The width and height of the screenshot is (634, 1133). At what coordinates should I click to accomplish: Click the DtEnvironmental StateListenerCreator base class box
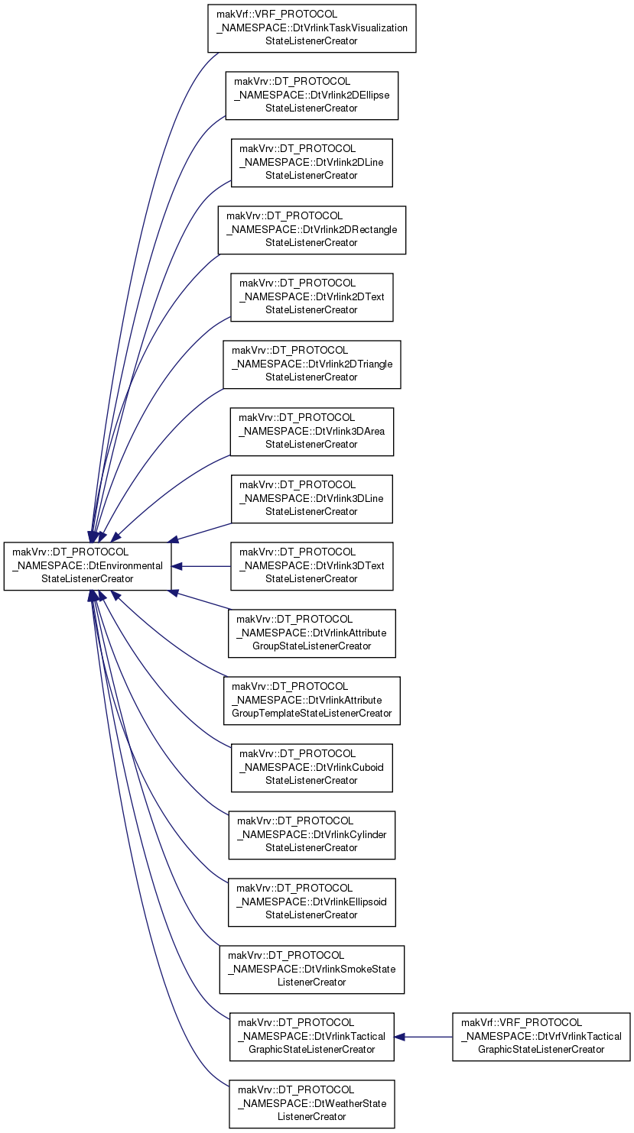coord(88,566)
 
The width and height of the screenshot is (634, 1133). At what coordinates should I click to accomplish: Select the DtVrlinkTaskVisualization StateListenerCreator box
coord(312,28)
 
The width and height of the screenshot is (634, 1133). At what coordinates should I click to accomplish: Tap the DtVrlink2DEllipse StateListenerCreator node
coord(312,95)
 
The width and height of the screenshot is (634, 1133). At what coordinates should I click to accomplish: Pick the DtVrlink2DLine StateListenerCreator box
coord(312,163)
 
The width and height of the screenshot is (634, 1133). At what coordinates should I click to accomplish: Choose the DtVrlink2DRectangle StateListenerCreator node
coord(312,230)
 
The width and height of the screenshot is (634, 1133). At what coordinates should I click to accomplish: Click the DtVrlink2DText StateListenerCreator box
coord(312,297)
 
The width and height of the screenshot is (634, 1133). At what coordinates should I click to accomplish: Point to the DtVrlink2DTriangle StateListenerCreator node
coord(312,364)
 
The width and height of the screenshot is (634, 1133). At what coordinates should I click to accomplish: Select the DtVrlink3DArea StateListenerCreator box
coord(312,432)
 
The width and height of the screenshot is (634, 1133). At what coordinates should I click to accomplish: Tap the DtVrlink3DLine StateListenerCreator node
coord(312,499)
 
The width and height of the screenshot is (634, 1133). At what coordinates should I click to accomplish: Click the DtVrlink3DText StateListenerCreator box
coord(312,566)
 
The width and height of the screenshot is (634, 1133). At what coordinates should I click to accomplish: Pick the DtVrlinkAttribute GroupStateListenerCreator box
coord(312,633)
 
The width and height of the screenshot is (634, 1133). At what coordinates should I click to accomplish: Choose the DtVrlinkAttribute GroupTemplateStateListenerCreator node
coord(312,701)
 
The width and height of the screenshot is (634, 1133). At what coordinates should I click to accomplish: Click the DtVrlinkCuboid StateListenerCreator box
coord(312,768)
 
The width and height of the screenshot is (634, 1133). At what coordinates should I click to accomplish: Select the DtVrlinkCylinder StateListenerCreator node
coord(312,835)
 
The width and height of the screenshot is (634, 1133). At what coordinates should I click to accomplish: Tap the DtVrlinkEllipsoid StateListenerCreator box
coord(312,902)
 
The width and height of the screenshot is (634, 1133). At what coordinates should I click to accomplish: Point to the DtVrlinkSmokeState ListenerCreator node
coord(312,970)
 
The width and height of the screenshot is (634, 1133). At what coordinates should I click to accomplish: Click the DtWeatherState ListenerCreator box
coord(312,1104)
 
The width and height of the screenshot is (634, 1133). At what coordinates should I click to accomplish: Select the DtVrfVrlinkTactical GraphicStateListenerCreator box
coord(541,1037)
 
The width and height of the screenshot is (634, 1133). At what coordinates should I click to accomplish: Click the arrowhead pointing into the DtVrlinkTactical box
coord(399,1037)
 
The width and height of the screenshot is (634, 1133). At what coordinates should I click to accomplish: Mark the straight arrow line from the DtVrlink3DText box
coord(202,567)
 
